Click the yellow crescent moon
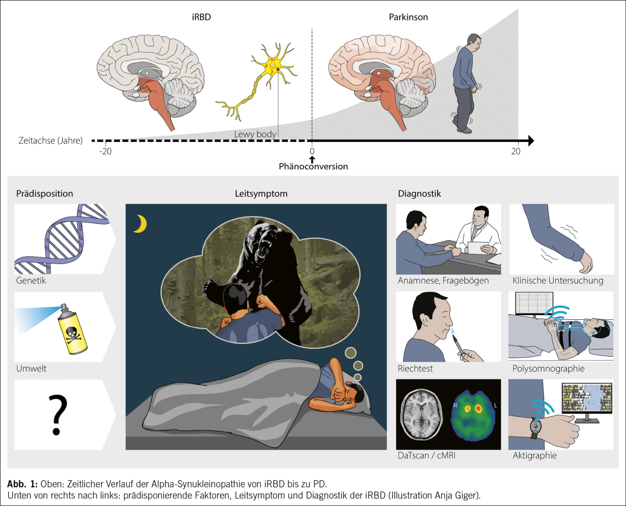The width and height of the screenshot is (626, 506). click(x=141, y=224)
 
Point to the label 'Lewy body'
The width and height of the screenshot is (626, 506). click(x=255, y=134)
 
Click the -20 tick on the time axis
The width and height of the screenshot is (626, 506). click(x=106, y=151)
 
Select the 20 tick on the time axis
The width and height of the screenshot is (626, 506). click(x=516, y=151)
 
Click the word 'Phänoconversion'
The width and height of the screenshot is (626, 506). click(x=313, y=166)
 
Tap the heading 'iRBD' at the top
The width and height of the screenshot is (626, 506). click(x=201, y=17)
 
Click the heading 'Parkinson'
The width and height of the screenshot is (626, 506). click(x=408, y=17)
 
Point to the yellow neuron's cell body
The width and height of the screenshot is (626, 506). click(x=273, y=65)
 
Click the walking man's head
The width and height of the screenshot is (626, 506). click(x=474, y=41)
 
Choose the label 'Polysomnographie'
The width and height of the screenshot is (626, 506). click(x=548, y=369)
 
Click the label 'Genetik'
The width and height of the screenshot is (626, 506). click(x=31, y=281)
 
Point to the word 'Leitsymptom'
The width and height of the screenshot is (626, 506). click(x=261, y=194)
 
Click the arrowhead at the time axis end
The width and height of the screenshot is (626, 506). click(x=530, y=141)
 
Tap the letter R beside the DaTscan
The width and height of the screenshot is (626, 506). click(x=456, y=405)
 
